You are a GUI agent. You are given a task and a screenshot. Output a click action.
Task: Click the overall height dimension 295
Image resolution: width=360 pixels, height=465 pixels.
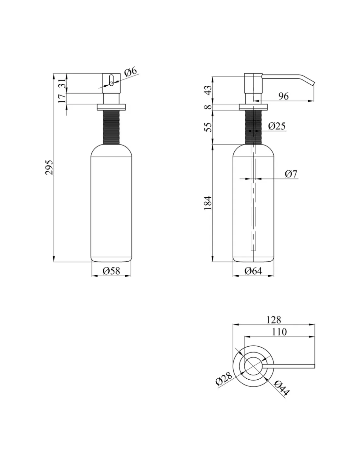[49, 167]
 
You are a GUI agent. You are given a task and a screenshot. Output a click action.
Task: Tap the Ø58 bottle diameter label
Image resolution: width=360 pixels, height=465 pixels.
[111, 271]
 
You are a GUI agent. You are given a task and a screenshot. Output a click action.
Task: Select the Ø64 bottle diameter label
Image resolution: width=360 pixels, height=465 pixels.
[253, 271]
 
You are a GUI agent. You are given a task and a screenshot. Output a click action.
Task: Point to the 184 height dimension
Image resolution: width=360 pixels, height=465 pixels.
[208, 203]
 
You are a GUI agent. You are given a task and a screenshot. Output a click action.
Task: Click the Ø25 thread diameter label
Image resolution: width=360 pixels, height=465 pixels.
[277, 126]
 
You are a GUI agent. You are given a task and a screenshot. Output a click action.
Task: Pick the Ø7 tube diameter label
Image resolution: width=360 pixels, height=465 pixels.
[291, 174]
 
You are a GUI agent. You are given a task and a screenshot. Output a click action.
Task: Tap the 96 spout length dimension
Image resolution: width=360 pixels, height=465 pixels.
[283, 96]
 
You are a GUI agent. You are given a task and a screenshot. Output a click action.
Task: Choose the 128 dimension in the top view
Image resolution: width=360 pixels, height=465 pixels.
[274, 319]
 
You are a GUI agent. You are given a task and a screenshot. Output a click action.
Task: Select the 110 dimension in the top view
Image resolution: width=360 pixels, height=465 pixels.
[279, 332]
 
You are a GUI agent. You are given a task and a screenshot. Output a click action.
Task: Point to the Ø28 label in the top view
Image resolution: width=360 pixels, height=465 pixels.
[224, 379]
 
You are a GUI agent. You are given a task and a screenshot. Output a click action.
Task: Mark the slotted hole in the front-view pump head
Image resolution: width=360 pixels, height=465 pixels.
[112, 80]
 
